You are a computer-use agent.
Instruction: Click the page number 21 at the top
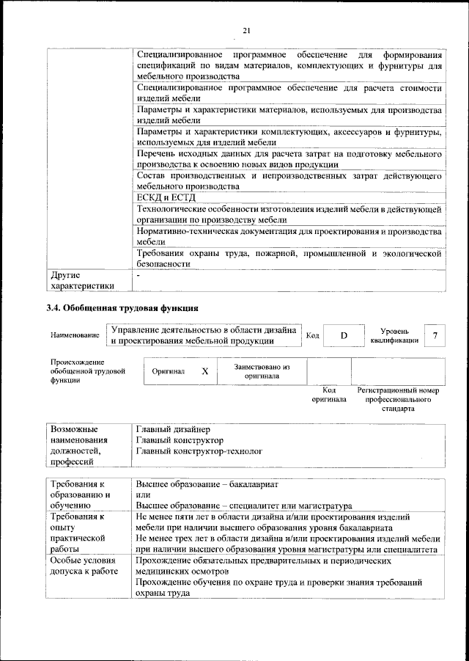[x=247, y=29]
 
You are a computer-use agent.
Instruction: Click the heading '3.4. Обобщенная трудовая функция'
[x=122, y=308]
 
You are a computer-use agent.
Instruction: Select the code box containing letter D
[x=343, y=335]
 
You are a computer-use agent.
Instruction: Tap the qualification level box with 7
[x=435, y=335]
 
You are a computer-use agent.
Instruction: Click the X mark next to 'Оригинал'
[x=205, y=372]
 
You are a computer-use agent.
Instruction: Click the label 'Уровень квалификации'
[x=394, y=335]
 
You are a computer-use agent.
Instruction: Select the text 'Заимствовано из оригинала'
[x=262, y=371]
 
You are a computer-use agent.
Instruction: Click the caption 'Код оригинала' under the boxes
[x=329, y=395]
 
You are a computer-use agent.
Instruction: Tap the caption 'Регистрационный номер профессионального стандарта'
[x=397, y=400]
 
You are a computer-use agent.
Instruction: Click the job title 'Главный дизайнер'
[x=173, y=428]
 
